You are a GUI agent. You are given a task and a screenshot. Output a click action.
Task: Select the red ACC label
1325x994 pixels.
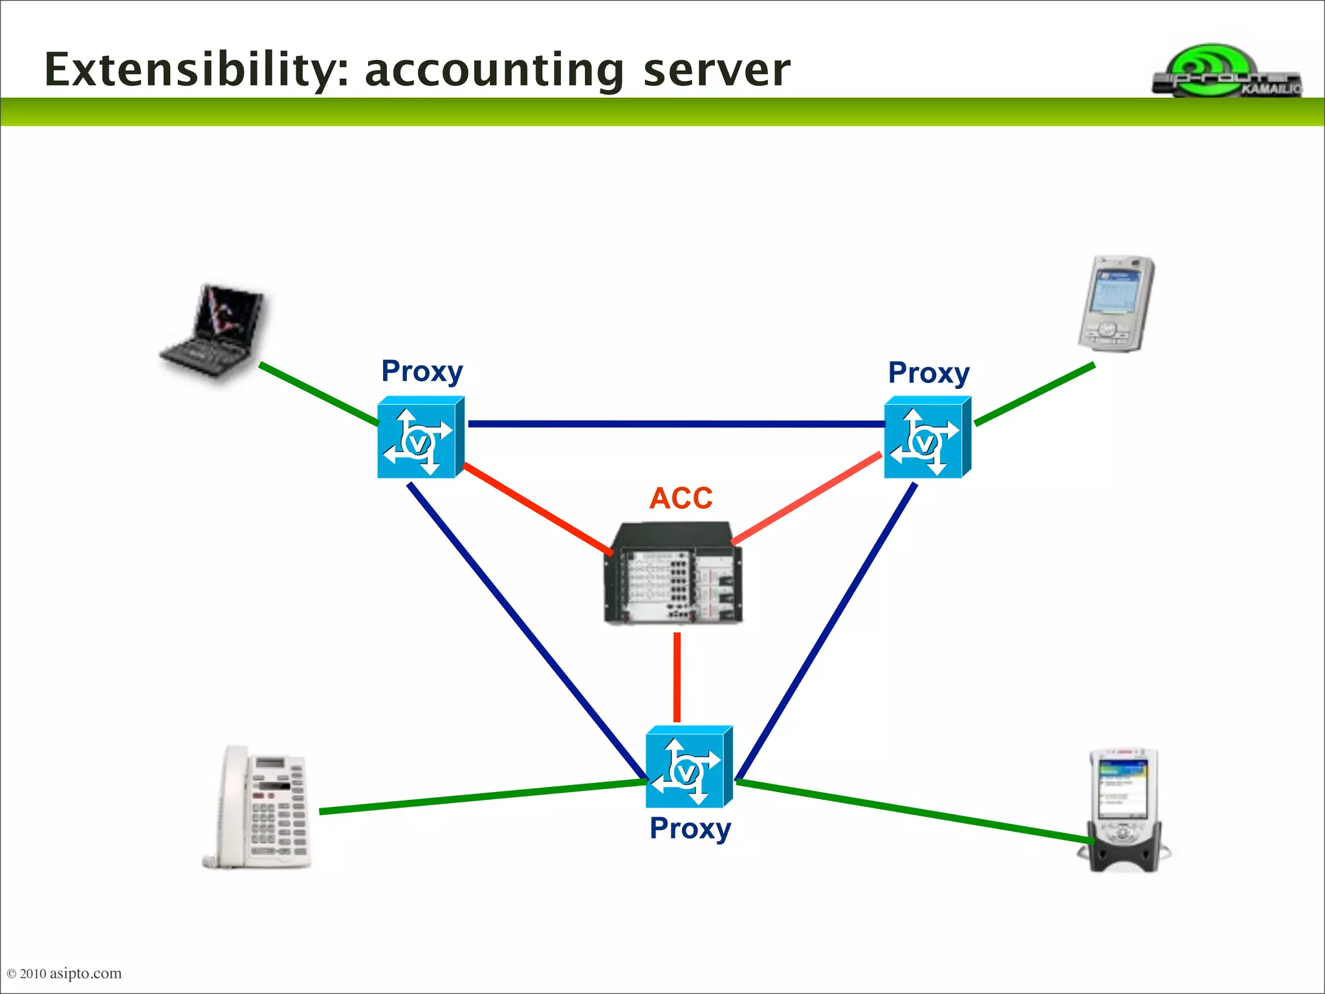tap(681, 498)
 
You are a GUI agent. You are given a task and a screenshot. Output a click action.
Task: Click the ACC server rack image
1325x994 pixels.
tap(673, 574)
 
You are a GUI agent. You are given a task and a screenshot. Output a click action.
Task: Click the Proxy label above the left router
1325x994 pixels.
tap(422, 372)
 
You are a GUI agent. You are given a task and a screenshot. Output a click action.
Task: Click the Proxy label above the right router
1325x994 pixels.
tap(928, 373)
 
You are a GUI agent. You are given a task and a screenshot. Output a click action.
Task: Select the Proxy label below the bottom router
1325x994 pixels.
tap(690, 829)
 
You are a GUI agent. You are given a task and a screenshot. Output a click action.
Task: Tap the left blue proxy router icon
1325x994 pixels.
tap(421, 438)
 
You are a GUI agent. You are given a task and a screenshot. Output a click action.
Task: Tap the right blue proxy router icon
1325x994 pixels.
tap(927, 438)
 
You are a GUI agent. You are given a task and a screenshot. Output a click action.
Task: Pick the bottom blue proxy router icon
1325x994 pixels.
tap(688, 768)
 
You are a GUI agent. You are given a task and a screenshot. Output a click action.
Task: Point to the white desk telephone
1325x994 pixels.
tap(259, 808)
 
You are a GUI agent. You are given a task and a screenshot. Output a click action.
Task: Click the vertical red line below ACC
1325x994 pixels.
tap(677, 677)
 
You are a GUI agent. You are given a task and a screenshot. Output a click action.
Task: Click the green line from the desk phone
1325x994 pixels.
tap(482, 797)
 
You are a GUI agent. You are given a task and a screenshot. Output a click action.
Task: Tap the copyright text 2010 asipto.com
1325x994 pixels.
tap(65, 973)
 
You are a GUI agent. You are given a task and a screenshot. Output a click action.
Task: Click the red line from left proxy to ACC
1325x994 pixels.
tap(537, 509)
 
